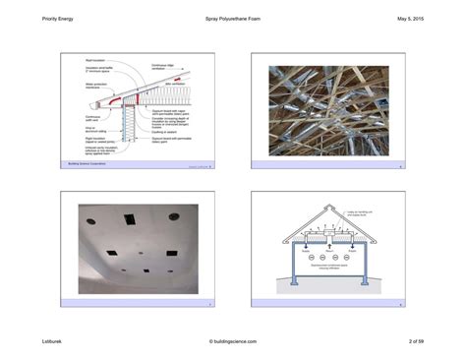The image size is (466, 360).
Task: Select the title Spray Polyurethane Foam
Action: (x=232, y=20)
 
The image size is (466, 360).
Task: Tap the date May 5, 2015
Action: (x=409, y=20)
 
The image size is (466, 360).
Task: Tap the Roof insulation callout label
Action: (x=93, y=59)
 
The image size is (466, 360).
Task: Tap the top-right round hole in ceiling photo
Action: (x=173, y=216)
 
